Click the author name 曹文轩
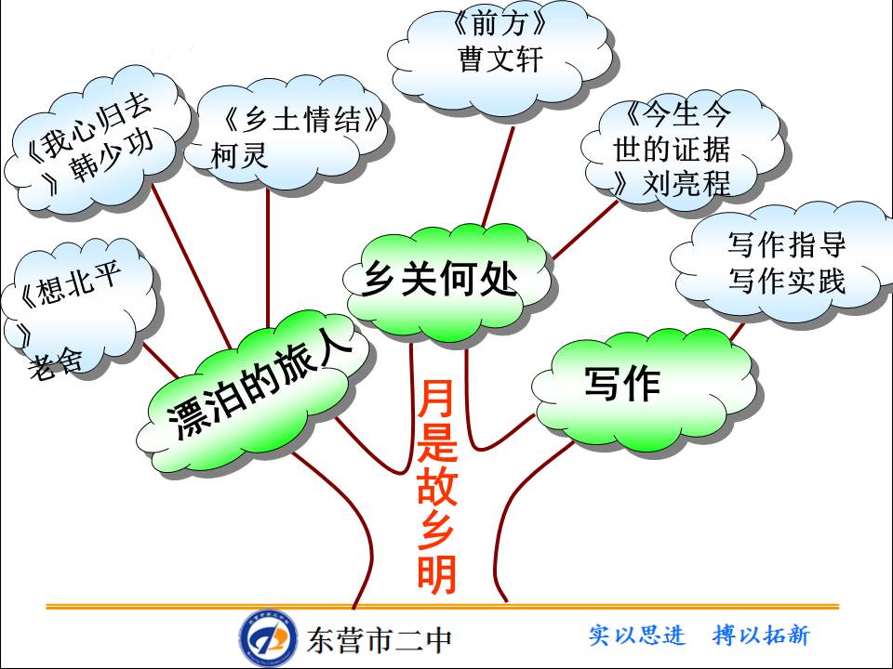tap(500, 59)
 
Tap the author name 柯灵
tap(240, 155)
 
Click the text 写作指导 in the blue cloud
tap(787, 246)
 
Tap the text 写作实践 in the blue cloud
tap(787, 280)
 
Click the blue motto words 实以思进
tap(637, 636)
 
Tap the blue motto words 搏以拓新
tap(761, 636)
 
